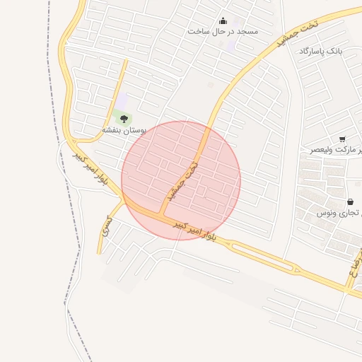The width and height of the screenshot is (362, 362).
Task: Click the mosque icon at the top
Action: [223, 21]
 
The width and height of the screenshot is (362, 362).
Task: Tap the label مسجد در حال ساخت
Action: [223, 32]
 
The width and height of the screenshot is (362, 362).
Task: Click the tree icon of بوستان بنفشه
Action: [124, 118]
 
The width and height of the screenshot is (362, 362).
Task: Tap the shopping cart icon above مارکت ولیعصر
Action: [342, 139]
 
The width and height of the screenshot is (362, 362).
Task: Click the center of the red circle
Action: [181, 181]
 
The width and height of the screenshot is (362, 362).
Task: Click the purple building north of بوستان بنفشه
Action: [122, 102]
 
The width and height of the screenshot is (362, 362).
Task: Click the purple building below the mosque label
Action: [231, 45]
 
